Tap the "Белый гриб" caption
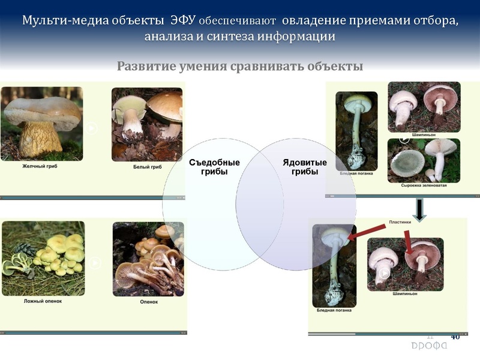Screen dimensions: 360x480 (x=147, y=167)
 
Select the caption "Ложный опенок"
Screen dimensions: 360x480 (x=43, y=301)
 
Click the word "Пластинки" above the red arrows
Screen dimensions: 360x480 (x=400, y=221)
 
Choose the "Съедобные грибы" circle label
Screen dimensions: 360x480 (x=214, y=167)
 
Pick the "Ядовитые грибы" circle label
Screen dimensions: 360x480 (x=305, y=167)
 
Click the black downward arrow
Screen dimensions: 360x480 (x=421, y=208)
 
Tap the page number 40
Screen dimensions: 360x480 (x=455, y=337)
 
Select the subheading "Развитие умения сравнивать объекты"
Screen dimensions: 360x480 (x=240, y=66)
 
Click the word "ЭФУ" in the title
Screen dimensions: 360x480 (x=181, y=20)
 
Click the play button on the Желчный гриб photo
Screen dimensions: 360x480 (x=91, y=127)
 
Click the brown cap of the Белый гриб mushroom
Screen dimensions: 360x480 (x=165, y=106)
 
